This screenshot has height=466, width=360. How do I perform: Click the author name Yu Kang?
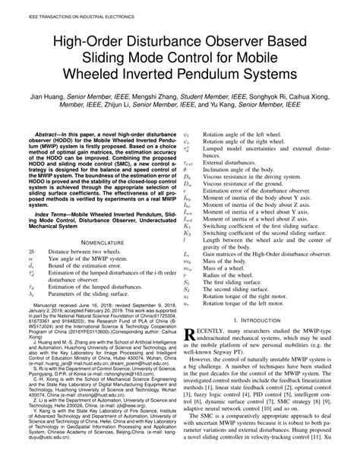tap(257, 108)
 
